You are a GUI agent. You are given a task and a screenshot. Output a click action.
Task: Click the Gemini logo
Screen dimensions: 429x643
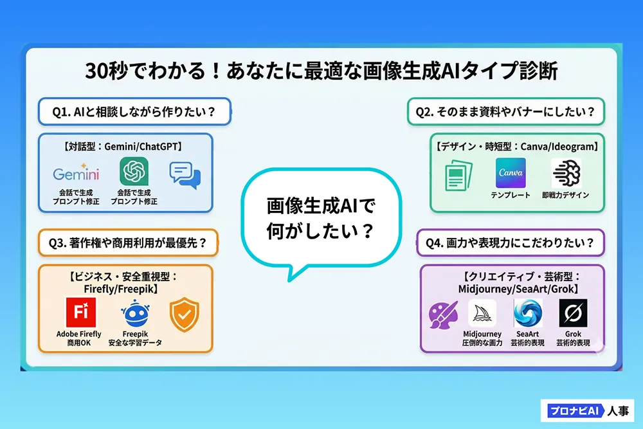pyautogui.click(x=76, y=174)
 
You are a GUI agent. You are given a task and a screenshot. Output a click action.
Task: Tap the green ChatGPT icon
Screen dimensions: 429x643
pyautogui.click(x=134, y=172)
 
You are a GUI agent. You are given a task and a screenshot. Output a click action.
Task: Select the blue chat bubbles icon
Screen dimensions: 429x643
pyautogui.click(x=185, y=175)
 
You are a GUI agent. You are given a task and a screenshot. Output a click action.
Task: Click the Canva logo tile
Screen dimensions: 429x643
pyautogui.click(x=511, y=173)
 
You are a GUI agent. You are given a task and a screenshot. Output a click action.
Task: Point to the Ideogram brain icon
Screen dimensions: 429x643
pyautogui.click(x=566, y=173)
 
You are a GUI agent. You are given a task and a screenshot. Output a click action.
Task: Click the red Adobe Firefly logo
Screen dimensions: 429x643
pyautogui.click(x=80, y=313)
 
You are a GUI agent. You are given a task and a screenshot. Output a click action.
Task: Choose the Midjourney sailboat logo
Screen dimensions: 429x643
pyautogui.click(x=482, y=314)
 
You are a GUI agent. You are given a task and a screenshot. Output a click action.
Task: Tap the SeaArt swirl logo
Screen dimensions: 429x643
pyautogui.click(x=527, y=314)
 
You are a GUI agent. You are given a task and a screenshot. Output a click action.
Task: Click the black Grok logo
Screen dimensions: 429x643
pyautogui.click(x=572, y=314)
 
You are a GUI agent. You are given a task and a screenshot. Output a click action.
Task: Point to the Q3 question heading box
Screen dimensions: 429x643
pyautogui.click(x=128, y=243)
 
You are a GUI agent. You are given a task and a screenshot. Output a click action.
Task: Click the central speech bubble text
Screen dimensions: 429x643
pyautogui.click(x=321, y=219)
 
